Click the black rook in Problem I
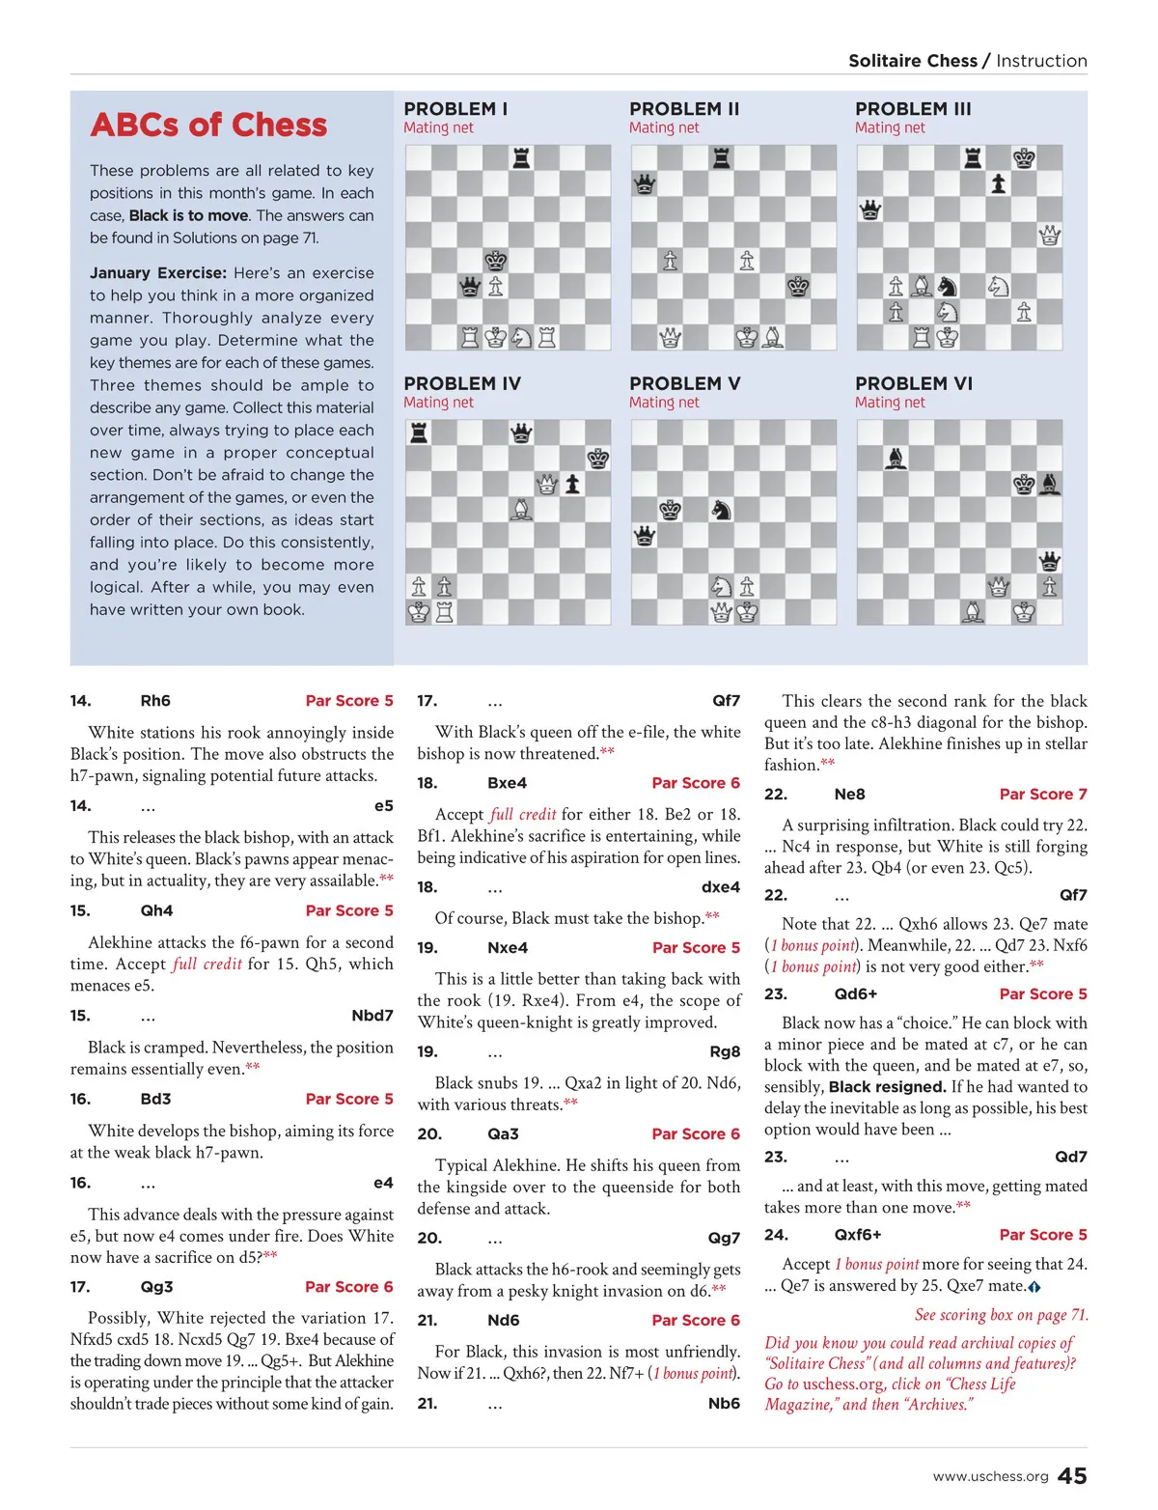tap(521, 157)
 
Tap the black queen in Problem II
tap(644, 183)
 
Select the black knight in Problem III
tap(948, 287)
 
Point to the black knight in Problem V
tap(721, 509)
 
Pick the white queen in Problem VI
tap(999, 586)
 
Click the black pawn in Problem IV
tap(573, 484)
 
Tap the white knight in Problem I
tap(521, 337)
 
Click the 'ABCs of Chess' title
tap(208, 126)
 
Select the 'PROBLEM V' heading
tap(684, 383)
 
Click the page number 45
tap(1072, 1475)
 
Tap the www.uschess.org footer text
tap(990, 1476)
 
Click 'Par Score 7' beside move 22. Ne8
tap(1042, 794)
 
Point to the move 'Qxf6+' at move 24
tap(857, 1234)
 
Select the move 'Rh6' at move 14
tap(155, 700)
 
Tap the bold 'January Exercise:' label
tap(158, 273)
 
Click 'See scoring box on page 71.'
tap(1001, 1314)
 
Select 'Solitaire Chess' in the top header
tap(912, 61)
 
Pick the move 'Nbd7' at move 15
tap(372, 1015)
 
